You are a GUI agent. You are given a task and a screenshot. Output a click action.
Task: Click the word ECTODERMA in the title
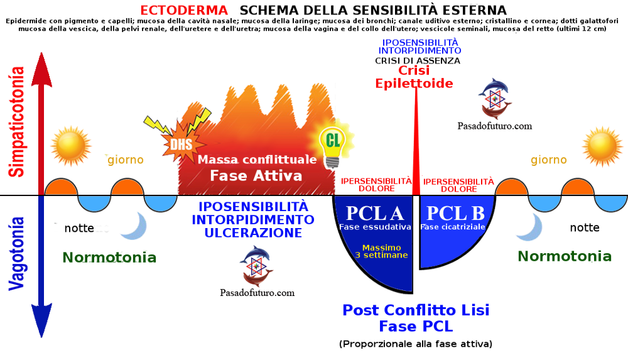[184, 10]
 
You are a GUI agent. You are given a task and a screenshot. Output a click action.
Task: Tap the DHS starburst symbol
[182, 143]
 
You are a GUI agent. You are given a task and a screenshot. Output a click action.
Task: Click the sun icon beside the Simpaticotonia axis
[72, 146]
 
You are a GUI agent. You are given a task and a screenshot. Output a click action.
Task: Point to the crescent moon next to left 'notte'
[136, 226]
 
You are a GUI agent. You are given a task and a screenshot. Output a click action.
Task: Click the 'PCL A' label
[374, 213]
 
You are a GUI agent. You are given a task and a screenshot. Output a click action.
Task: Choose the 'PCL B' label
[455, 213]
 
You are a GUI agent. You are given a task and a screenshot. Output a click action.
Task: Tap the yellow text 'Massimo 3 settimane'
[381, 251]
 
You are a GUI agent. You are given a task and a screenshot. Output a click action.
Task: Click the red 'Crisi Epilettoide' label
[414, 77]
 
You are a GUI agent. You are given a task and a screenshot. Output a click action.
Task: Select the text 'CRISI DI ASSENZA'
[418, 61]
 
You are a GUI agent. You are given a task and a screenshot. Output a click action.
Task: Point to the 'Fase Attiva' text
[256, 175]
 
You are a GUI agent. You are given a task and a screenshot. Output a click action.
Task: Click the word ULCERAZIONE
[253, 232]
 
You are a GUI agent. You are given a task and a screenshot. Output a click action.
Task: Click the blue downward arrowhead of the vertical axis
[41, 320]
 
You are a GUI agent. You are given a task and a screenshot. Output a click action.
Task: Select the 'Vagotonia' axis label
[17, 253]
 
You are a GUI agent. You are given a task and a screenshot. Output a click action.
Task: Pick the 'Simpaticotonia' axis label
[17, 122]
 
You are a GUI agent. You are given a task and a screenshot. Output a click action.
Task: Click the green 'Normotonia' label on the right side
[565, 256]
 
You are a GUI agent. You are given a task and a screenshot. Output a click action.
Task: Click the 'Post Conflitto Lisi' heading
[416, 310]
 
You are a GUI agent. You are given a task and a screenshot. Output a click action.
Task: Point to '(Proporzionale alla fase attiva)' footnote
[416, 344]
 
